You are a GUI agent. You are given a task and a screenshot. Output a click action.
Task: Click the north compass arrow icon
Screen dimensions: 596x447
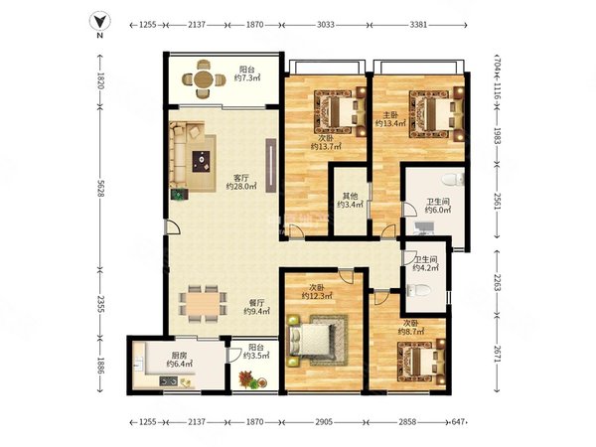(99, 21)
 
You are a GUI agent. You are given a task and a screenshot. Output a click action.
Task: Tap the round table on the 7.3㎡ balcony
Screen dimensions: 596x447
(204, 79)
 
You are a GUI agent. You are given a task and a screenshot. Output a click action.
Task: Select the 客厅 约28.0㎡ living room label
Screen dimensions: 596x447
(241, 182)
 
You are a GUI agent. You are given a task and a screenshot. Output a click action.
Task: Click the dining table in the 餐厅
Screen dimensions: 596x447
(203, 304)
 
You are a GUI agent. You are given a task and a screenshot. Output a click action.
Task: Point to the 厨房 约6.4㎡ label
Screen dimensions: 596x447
(179, 360)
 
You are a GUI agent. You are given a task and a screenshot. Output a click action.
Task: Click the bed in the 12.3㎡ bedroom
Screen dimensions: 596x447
(312, 340)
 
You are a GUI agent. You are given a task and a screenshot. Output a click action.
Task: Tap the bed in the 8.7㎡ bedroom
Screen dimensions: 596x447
(421, 363)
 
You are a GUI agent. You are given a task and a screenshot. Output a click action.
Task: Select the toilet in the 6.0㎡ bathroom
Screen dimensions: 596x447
(454, 179)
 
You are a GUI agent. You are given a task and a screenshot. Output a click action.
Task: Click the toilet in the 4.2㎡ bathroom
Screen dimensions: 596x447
(419, 291)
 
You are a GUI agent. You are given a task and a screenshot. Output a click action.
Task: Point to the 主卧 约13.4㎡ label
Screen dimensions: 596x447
(390, 119)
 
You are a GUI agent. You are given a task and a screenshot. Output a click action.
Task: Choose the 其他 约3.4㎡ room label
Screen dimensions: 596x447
(350, 201)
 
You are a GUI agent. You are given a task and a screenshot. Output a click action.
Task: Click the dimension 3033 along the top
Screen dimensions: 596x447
(326, 25)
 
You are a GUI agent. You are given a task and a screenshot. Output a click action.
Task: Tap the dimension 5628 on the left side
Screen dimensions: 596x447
(100, 188)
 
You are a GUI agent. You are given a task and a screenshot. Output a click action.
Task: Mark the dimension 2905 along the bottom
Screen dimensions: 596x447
(324, 422)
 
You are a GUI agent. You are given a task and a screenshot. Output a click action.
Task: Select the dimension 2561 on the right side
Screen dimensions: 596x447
(498, 201)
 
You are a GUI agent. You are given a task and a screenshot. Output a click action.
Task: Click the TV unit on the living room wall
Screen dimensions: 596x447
(270, 165)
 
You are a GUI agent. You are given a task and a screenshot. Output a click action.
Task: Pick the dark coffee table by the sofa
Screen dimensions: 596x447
(201, 162)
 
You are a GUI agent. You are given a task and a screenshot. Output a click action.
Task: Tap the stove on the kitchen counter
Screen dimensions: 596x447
(168, 380)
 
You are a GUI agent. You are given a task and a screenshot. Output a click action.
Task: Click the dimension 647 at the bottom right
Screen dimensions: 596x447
(459, 422)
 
